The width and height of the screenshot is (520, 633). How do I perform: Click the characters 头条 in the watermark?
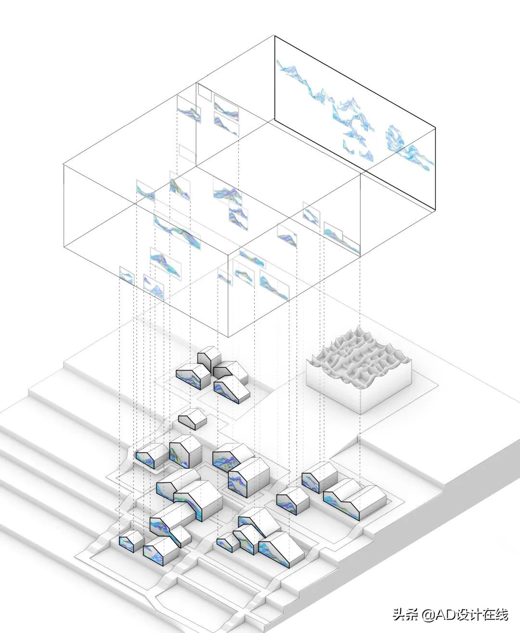click(405, 615)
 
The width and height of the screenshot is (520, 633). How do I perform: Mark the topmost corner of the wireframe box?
click(275, 35)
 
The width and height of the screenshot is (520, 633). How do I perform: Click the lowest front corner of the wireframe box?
click(228, 337)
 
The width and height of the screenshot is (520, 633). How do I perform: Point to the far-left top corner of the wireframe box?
click(64, 165)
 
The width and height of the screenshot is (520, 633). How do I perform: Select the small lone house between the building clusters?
click(193, 419)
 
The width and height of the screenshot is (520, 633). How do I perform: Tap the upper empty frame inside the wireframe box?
click(204, 92)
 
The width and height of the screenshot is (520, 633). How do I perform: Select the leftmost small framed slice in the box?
click(126, 276)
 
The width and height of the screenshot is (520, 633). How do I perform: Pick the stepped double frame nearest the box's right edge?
click(341, 238)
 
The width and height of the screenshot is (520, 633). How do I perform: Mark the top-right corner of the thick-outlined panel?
click(436, 128)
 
